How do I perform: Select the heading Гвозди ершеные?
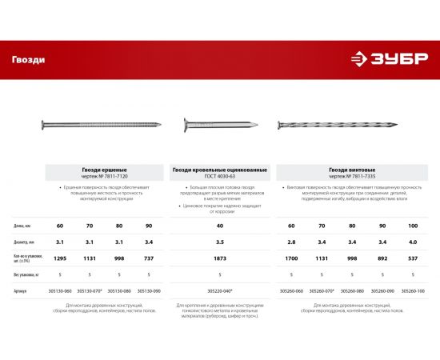tap(106, 169)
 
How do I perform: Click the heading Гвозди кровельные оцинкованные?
tap(219, 169)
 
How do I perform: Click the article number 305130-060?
tap(59, 291)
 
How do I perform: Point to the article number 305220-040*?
tap(219, 291)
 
